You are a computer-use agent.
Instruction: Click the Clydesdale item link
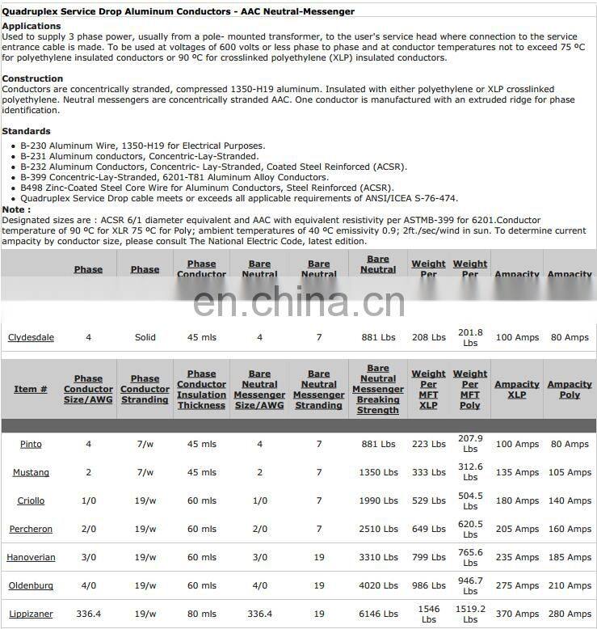coord(31,337)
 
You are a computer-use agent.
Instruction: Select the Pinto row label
coord(31,444)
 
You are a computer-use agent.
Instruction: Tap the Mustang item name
coord(31,472)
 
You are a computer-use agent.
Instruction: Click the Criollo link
coord(31,500)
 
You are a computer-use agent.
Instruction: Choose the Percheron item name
coord(31,529)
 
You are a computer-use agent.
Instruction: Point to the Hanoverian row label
coord(31,557)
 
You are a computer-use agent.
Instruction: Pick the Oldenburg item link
coord(31,585)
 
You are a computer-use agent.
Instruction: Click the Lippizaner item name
coord(31,614)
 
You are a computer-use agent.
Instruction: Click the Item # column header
coord(31,390)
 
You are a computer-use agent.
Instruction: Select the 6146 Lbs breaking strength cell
coord(378,614)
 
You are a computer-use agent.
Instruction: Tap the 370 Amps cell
coord(516,614)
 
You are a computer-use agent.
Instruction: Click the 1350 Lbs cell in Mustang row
coord(378,472)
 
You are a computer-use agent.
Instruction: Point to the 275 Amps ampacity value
coord(516,585)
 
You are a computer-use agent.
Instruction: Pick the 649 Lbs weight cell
coord(428,529)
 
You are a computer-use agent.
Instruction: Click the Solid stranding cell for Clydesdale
coord(145,337)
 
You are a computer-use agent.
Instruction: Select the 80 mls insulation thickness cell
coord(201,614)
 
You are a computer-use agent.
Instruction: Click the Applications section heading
coord(32,27)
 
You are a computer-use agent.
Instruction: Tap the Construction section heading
coord(32,78)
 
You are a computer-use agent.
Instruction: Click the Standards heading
coord(26,131)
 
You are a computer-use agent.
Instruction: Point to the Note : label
coord(16,209)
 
